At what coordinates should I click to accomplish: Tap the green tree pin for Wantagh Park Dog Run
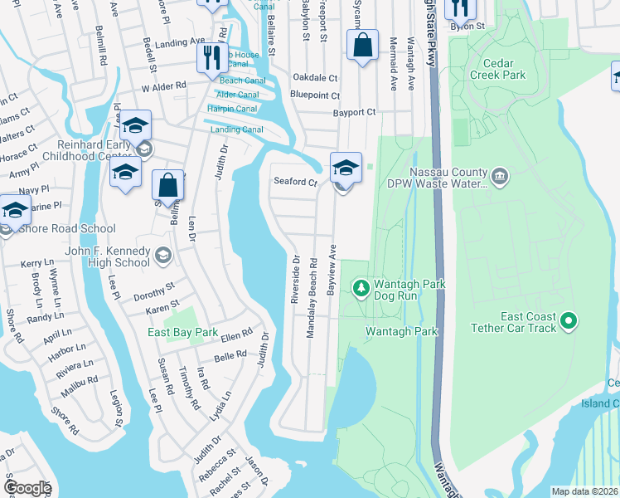point(361,289)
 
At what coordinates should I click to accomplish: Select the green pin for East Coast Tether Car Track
point(568,320)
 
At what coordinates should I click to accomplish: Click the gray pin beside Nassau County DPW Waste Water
point(499,175)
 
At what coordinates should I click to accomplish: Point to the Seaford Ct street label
point(296,182)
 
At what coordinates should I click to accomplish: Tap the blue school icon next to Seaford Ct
point(346,168)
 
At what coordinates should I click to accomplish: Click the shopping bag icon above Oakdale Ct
point(362,46)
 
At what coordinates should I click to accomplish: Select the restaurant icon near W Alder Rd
point(210,57)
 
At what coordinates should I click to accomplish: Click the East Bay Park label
point(182,332)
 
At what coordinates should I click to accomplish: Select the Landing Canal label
point(236,129)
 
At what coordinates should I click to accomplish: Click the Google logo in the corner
point(27,488)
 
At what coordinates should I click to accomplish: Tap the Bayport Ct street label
point(354,112)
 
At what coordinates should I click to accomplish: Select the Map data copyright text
point(584,491)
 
